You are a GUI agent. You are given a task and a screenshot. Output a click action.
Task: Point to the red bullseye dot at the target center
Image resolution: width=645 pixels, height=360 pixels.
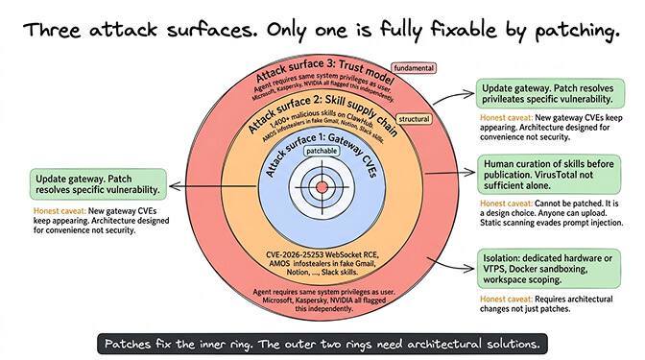pos(322,185)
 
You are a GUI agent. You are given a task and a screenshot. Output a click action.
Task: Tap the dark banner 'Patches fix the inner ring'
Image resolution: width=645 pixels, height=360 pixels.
pos(322,342)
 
